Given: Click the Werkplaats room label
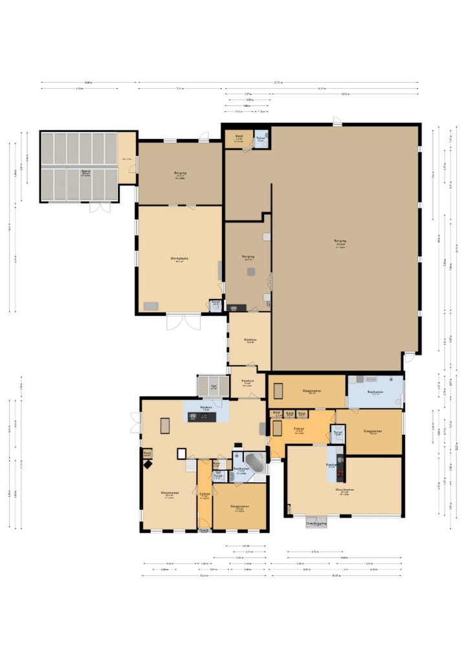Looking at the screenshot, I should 179,259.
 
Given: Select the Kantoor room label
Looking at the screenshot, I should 250,340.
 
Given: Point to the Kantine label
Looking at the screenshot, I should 247,381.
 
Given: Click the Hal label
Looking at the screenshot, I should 214,387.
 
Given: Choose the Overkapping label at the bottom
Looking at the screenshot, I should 316,523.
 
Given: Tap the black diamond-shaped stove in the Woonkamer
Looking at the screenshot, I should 148,464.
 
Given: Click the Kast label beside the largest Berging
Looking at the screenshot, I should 238,137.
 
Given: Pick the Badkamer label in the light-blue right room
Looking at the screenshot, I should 375,392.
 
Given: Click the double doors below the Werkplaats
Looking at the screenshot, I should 184,322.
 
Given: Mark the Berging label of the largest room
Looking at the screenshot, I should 340,241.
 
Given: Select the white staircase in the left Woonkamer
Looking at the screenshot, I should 190,465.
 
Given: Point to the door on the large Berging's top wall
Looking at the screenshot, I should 337,122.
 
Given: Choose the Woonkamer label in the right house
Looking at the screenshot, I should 344,490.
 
